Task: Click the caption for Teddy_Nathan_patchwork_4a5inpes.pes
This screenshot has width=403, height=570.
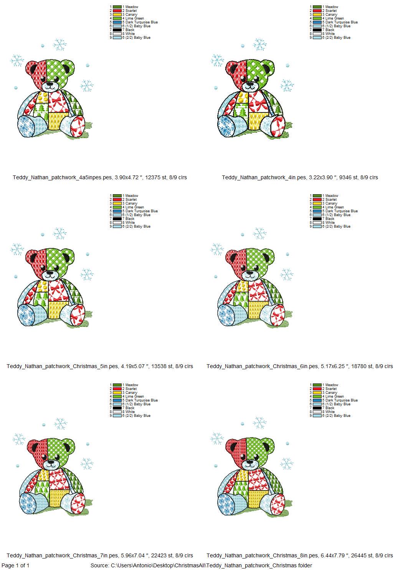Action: pyautogui.click(x=100, y=177)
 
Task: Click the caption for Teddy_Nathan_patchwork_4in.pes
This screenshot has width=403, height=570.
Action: pyautogui.click(x=300, y=177)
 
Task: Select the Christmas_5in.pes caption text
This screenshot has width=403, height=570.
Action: pyautogui.click(x=100, y=366)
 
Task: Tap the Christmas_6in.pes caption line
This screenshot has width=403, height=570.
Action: pyautogui.click(x=300, y=366)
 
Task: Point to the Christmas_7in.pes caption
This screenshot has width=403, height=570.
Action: pyautogui.click(x=100, y=555)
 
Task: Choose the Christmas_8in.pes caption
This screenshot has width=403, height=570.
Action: pyautogui.click(x=300, y=555)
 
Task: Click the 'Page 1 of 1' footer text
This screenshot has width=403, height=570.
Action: pyautogui.click(x=16, y=565)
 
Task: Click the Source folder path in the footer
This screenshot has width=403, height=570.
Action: pyautogui.click(x=201, y=565)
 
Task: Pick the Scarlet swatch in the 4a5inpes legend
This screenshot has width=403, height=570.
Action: pyautogui.click(x=117, y=11)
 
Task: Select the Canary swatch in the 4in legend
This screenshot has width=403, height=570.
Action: pyautogui.click(x=317, y=15)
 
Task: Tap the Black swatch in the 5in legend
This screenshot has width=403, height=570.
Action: pyautogui.click(x=117, y=219)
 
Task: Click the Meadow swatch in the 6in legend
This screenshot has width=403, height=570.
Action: pyautogui.click(x=317, y=196)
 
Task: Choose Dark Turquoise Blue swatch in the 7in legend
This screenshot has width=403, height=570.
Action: pyautogui.click(x=117, y=400)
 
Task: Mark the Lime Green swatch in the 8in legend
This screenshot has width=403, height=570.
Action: pyautogui.click(x=317, y=397)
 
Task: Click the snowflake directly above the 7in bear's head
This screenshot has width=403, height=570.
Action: pyautogui.click(x=60, y=424)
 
